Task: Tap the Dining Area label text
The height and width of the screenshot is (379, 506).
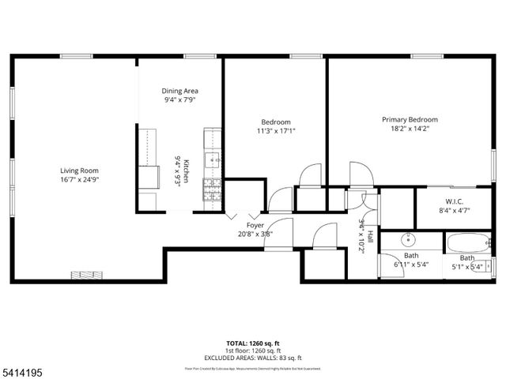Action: point(180,91)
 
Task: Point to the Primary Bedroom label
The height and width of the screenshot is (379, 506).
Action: point(410,120)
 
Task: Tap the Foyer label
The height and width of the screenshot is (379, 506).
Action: point(255,225)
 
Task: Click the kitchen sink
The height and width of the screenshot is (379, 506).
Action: point(212,161)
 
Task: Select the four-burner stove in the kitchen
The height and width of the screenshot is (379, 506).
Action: point(212,188)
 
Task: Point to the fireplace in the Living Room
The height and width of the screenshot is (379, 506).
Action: point(82,275)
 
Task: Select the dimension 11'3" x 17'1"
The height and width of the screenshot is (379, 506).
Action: point(277,131)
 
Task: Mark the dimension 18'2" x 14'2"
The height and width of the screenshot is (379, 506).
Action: point(410,129)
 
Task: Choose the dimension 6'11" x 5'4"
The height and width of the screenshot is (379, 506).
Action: point(411,265)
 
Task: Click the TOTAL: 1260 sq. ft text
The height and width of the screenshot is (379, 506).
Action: point(253,343)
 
